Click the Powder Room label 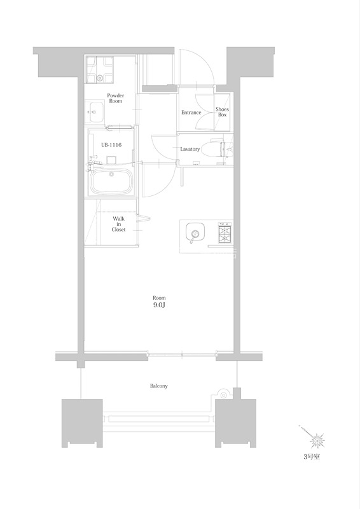pyautogui.click(x=116, y=98)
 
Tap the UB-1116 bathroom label pyautogui.click(x=111, y=145)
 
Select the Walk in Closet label pyautogui.click(x=118, y=224)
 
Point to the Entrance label pyautogui.click(x=191, y=113)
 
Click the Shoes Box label pyautogui.click(x=223, y=112)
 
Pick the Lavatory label pyautogui.click(x=190, y=149)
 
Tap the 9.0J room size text pyautogui.click(x=159, y=305)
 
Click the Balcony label pyautogui.click(x=159, y=386)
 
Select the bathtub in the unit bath pyautogui.click(x=112, y=181)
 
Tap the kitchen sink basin pyautogui.click(x=195, y=232)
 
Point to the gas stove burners pyautogui.click(x=225, y=233)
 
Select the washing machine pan pyautogui.click(x=100, y=69)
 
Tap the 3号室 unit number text pyautogui.click(x=312, y=457)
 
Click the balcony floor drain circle pyautogui.click(x=223, y=395)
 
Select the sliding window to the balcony pyautogui.click(x=182, y=355)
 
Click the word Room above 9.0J pyautogui.click(x=159, y=298)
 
